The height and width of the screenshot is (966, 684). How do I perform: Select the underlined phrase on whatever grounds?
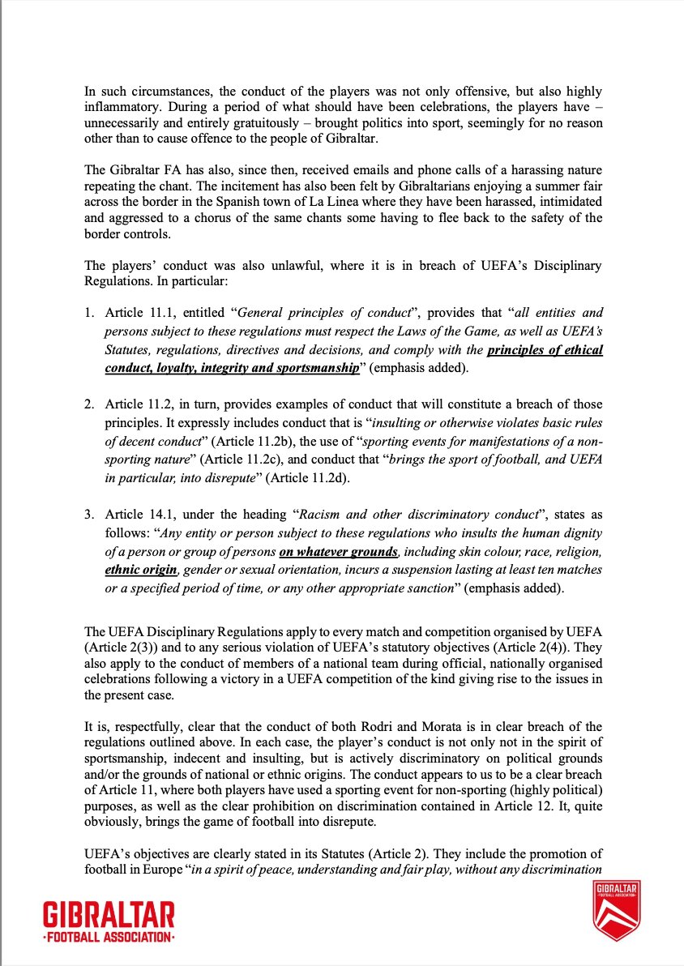pos(339,552)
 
